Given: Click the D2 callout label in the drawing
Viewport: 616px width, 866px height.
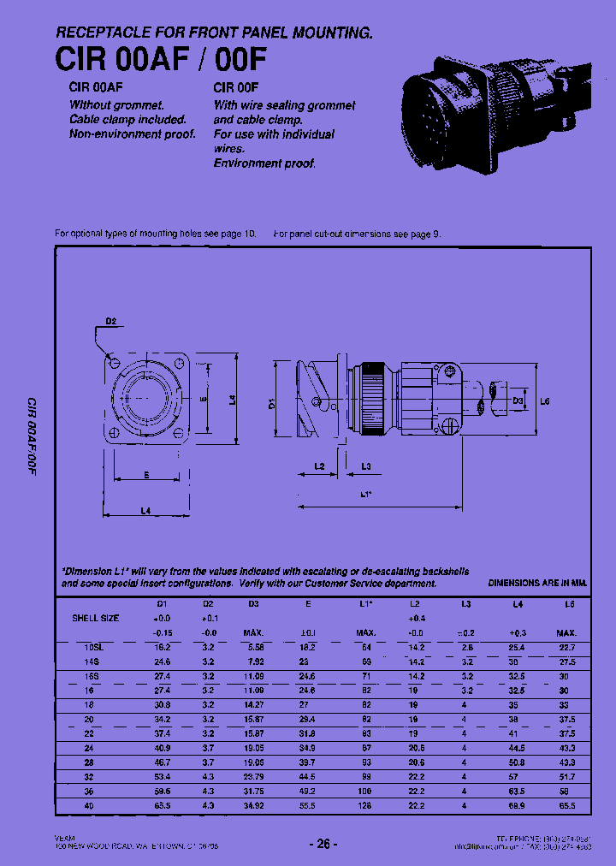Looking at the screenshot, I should point(111,323).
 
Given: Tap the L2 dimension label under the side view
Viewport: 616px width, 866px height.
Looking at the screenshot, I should point(319,466).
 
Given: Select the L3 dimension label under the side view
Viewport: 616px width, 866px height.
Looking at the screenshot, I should point(365,466).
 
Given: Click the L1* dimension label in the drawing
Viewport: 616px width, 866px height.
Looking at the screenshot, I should point(365,495).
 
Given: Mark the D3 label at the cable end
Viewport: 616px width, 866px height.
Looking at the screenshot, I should point(518,400).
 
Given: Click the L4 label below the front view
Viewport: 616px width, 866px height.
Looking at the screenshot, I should point(145,511).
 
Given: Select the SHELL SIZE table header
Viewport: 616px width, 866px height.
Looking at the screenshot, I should point(95,618).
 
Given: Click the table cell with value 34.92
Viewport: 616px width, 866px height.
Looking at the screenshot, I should point(254,806).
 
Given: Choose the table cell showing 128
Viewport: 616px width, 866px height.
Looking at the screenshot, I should point(365,806).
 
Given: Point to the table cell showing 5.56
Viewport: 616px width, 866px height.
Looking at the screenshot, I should point(254,648).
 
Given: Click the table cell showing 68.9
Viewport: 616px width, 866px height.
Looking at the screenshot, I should point(517,806).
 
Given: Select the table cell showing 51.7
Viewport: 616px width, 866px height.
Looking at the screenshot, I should point(567,777).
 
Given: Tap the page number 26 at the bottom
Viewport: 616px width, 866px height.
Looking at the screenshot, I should point(323,844).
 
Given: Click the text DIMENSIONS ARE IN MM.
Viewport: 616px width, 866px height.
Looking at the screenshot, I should point(537,583).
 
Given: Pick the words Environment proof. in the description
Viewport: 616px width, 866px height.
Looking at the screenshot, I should point(264,163).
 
